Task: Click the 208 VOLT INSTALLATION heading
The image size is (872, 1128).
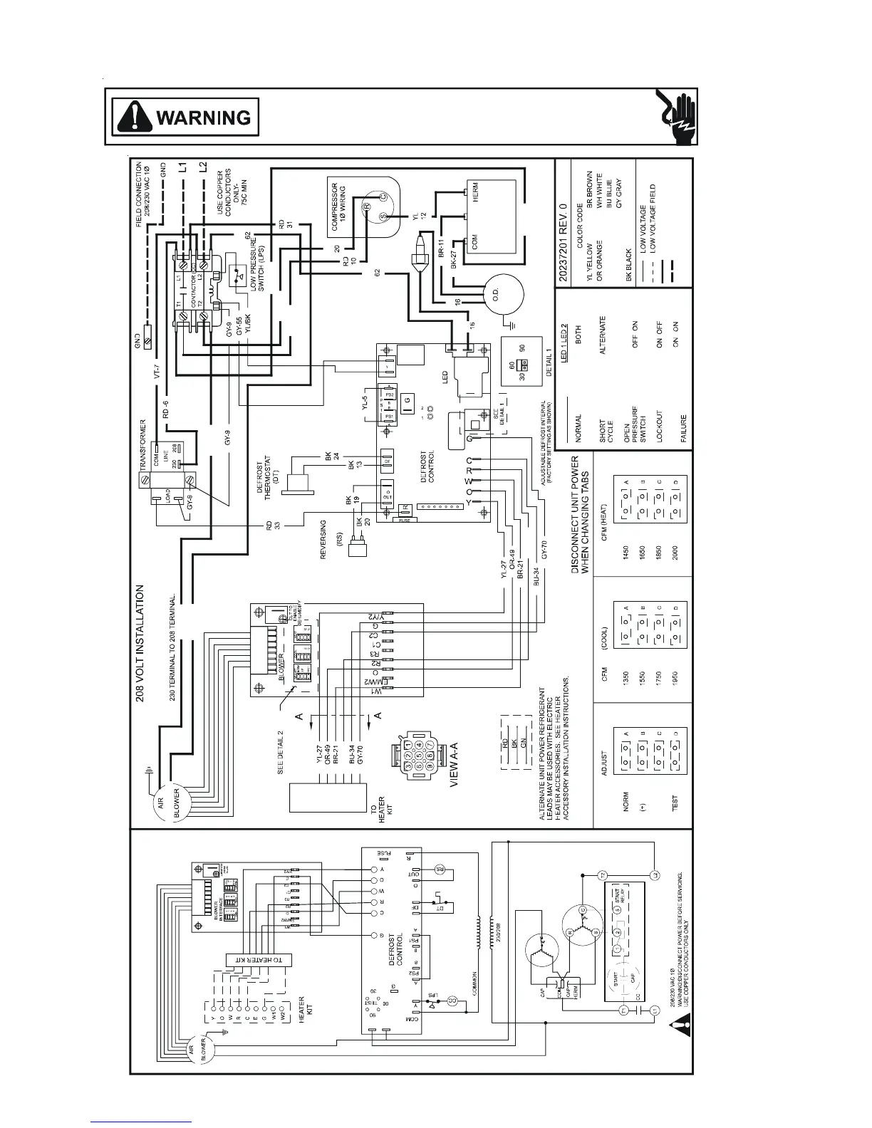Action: [140, 643]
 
